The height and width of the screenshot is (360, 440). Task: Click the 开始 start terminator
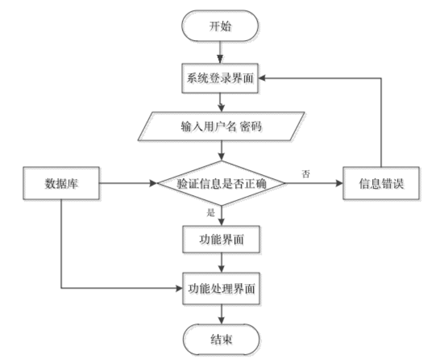point(222,26)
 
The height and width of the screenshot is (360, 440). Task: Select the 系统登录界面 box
point(222,79)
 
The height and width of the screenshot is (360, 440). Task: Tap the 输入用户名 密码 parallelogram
point(222,127)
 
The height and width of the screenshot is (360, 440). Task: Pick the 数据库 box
point(62,184)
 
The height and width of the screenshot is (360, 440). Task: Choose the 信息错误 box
point(382,184)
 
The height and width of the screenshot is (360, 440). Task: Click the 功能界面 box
point(222,242)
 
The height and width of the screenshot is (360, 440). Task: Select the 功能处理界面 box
point(222,289)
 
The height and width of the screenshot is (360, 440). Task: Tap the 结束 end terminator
point(222,341)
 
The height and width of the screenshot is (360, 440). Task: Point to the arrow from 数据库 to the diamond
point(129,184)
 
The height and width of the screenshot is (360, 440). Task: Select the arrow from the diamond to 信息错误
point(315,184)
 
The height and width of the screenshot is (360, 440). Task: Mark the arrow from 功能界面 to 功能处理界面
point(222,264)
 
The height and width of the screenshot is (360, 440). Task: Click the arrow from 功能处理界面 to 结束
point(222,315)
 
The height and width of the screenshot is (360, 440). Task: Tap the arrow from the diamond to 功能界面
point(222,216)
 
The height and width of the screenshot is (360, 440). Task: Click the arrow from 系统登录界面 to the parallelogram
point(222,103)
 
